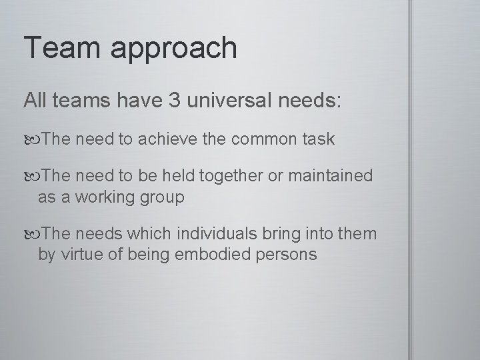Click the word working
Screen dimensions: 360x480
107,198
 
